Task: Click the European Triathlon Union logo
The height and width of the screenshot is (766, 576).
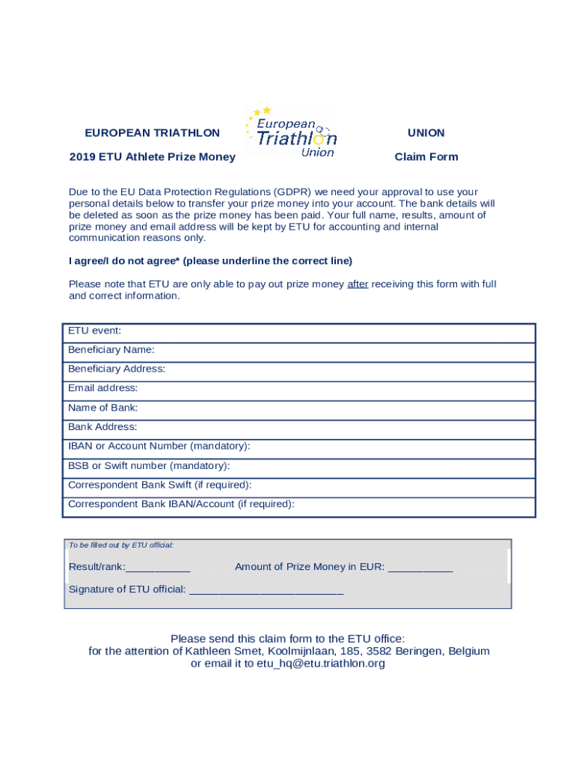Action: [291, 132]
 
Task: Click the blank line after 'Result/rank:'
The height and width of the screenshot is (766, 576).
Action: [158, 568]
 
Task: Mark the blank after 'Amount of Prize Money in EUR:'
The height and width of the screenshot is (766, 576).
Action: [420, 568]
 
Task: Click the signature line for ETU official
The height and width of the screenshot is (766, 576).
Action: [266, 590]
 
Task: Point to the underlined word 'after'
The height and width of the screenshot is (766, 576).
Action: [358, 284]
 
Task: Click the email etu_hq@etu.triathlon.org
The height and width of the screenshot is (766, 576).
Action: [321, 664]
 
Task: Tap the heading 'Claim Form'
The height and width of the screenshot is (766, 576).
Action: [426, 157]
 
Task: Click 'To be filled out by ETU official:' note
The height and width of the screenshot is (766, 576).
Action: [121, 545]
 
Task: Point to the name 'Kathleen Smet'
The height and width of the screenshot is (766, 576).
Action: [220, 652]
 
